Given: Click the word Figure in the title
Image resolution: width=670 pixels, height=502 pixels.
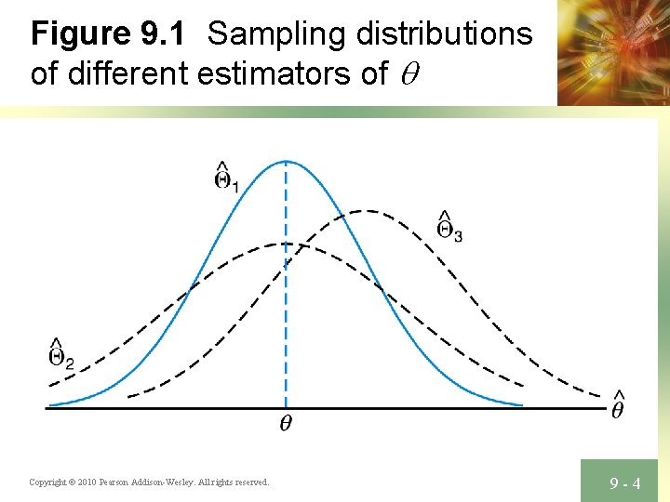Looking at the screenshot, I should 81,35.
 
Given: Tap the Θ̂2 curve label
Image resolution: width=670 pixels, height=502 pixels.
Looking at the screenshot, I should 60,352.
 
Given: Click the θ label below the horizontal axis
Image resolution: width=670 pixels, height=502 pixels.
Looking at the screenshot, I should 286,425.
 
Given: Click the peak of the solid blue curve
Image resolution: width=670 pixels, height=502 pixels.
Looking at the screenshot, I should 286,161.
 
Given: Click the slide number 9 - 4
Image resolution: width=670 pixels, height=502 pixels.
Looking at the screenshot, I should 624,482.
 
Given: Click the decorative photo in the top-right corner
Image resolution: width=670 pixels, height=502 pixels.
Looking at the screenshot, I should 613,51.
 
